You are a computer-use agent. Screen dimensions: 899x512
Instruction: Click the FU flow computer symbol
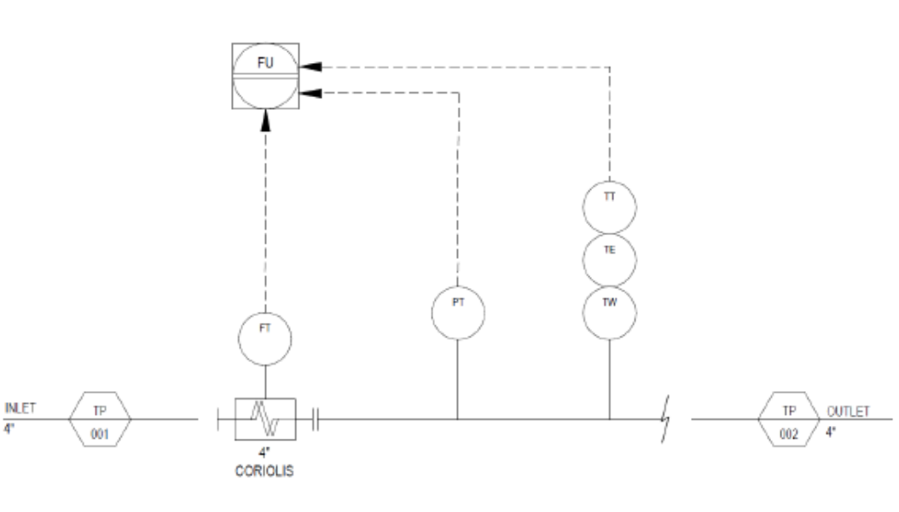click(x=265, y=76)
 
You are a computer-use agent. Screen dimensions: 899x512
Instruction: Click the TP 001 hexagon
click(x=100, y=419)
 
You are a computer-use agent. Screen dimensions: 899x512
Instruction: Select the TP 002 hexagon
click(x=789, y=419)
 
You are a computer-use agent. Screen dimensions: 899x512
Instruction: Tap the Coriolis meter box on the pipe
click(x=265, y=419)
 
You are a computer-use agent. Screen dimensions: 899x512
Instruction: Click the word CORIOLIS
click(x=264, y=471)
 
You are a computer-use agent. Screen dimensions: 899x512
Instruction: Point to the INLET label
click(x=20, y=408)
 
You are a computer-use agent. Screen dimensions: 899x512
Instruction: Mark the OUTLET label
click(x=848, y=411)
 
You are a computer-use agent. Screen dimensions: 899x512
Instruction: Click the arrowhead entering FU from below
click(x=265, y=120)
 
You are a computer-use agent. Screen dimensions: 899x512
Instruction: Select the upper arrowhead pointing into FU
click(x=310, y=66)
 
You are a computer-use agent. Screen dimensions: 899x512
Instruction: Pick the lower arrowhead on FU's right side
click(x=310, y=93)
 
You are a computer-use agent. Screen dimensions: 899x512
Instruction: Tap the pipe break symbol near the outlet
click(x=665, y=418)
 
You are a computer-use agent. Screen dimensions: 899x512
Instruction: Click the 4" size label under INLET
click(x=9, y=429)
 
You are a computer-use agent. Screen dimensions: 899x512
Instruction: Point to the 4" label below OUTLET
click(x=831, y=432)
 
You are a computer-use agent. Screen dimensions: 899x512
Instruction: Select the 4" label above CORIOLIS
click(x=264, y=452)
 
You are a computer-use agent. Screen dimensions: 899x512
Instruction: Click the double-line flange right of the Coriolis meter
click(x=316, y=419)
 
